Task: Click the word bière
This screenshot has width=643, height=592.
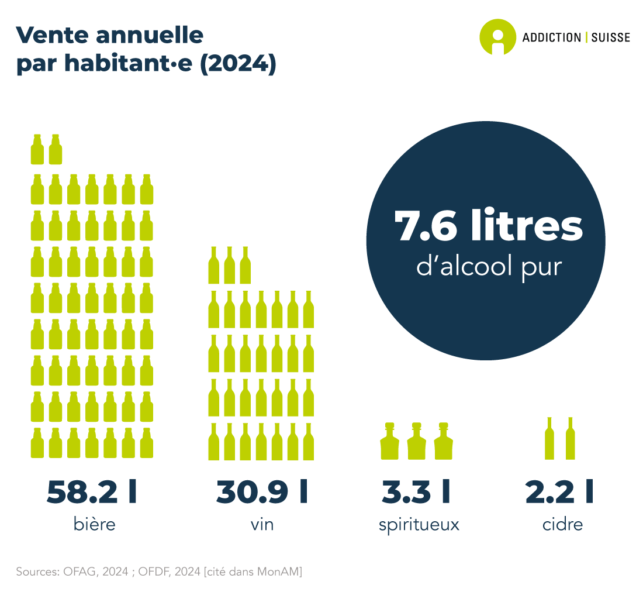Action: (95, 524)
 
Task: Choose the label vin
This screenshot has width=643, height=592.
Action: (262, 524)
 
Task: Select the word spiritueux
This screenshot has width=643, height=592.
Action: (419, 525)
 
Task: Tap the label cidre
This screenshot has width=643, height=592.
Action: (562, 524)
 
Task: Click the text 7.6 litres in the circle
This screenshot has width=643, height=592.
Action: (489, 226)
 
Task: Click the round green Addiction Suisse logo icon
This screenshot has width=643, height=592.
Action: (497, 37)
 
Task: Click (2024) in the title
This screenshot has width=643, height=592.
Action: (238, 63)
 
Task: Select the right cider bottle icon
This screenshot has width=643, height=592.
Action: (570, 439)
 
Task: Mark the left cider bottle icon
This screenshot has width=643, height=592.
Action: (549, 439)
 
